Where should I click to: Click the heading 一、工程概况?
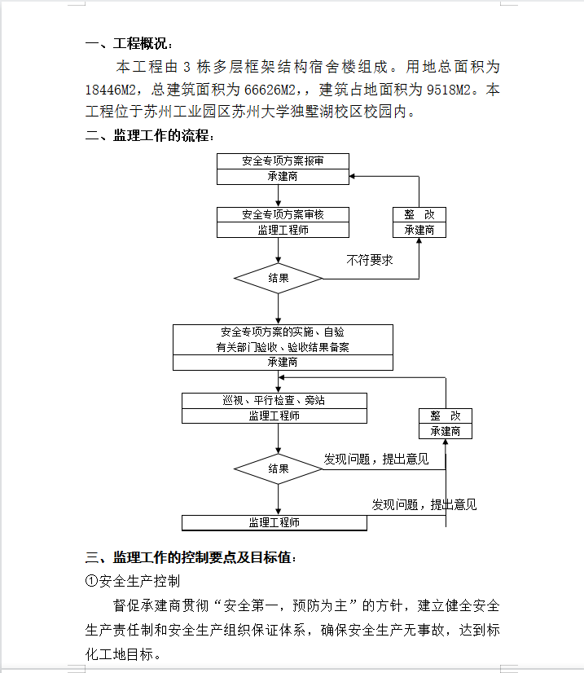[129, 43]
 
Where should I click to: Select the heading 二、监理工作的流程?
[149, 135]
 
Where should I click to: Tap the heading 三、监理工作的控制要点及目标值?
[191, 557]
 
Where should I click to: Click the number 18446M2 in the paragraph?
[110, 90]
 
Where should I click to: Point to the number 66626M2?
[270, 90]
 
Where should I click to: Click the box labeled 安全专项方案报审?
[283, 161]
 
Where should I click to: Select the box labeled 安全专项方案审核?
[283, 214]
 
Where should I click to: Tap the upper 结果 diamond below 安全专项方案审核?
[278, 279]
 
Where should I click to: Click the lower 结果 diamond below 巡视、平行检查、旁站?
[278, 469]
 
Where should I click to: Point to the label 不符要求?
[370, 260]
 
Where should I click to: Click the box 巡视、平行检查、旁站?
[274, 400]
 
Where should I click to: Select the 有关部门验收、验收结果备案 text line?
[283, 347]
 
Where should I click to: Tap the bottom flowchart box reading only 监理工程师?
[274, 523]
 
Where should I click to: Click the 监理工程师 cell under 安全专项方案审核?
[283, 230]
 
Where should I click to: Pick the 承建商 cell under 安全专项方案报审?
[283, 177]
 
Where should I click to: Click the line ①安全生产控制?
[133, 581]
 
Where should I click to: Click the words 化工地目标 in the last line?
[119, 654]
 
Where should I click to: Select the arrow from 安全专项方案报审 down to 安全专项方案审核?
[278, 196]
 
